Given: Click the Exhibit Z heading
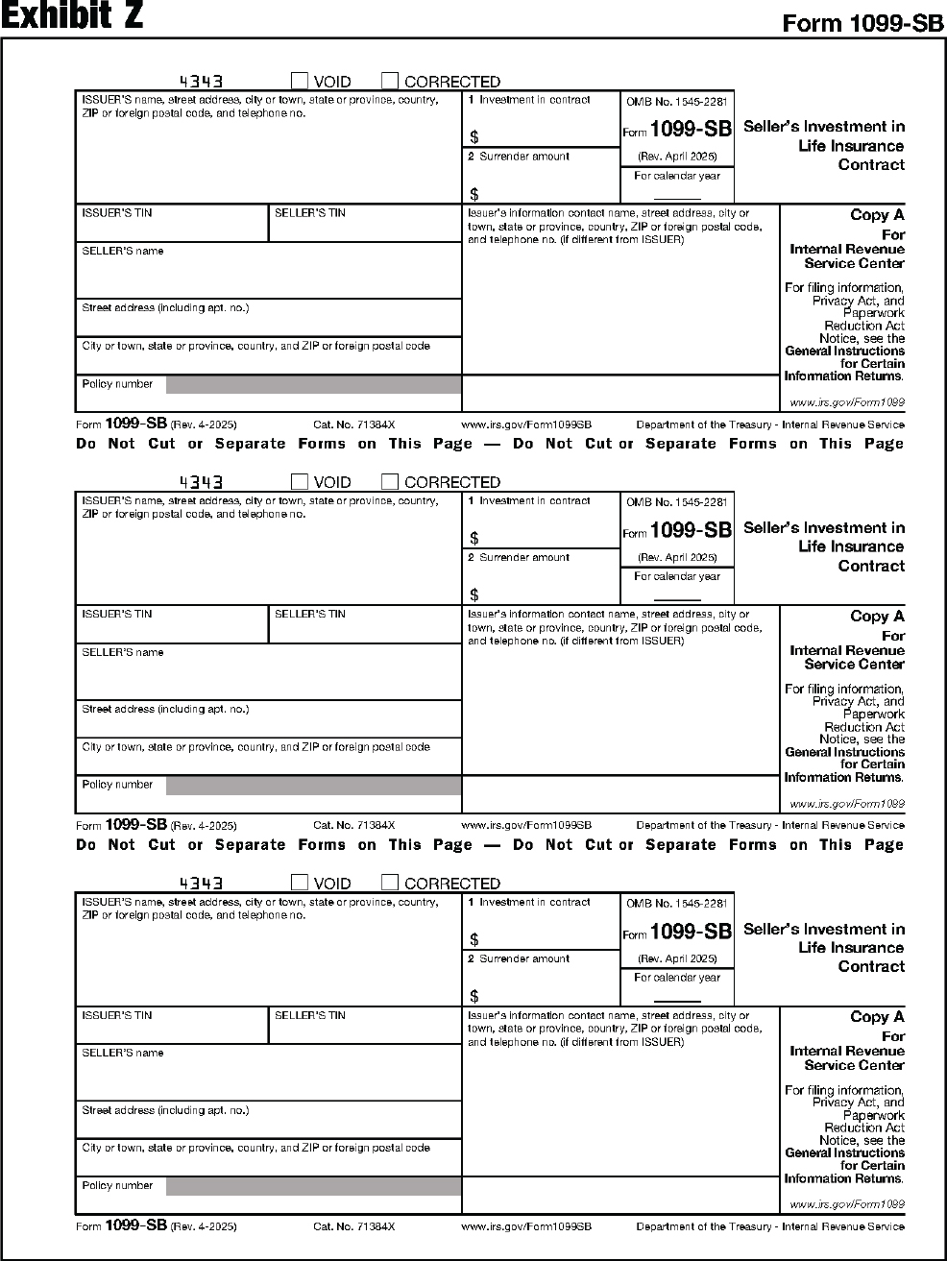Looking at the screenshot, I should coord(72,17).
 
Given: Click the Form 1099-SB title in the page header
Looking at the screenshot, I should coord(862,23).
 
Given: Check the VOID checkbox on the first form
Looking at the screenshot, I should coord(300,81).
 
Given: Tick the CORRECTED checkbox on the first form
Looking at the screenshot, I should coord(390,81).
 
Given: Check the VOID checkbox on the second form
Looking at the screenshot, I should coord(300,482).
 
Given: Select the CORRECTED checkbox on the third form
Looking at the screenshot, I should coord(390,883).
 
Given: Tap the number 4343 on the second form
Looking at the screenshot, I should coord(202,483).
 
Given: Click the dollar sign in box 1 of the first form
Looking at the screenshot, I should coord(474,137).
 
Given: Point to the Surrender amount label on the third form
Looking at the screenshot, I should coord(523,958).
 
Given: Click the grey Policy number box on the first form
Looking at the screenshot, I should coord(313,385).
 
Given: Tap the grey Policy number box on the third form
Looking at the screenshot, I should coord(313,1187).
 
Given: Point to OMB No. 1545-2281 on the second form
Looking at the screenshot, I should coord(677,501).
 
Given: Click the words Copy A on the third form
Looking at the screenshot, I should coord(877,1017).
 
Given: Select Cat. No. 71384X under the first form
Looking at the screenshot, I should coord(354,424).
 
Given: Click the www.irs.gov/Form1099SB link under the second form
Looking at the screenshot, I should coord(526,826).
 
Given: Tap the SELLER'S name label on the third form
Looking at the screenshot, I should coord(123,1054).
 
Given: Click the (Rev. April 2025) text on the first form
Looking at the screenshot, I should coord(677,157).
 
